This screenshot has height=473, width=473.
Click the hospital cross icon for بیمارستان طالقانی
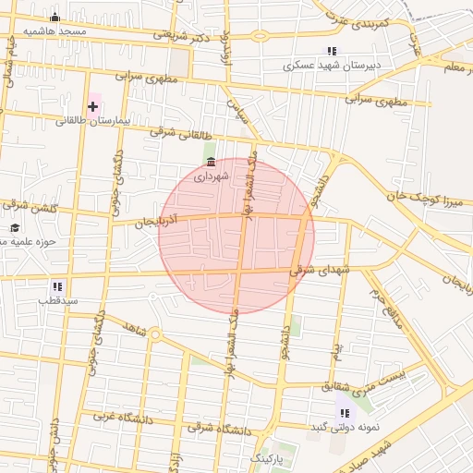(x=92, y=107)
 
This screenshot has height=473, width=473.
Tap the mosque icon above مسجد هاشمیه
(x=55, y=18)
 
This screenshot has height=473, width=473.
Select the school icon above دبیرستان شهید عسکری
(x=331, y=52)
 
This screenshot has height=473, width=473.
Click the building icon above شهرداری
(x=212, y=162)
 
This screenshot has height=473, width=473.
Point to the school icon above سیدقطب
(x=57, y=286)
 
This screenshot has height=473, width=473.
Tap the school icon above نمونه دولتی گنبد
(x=345, y=413)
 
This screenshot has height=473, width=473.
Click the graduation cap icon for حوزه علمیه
(x=14, y=227)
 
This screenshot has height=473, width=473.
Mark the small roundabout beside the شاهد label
(x=155, y=334)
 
